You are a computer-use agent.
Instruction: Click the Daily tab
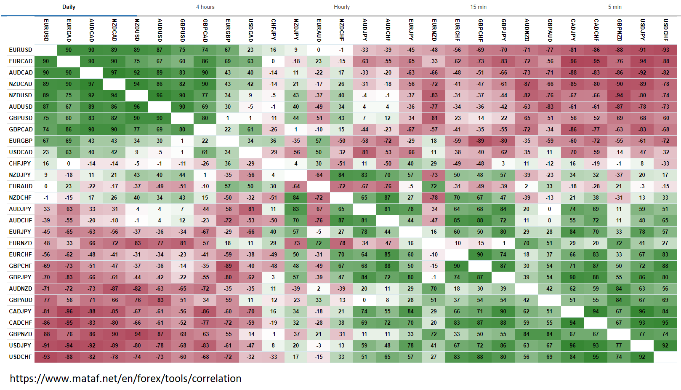[69, 7]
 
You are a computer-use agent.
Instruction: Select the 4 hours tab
[205, 7]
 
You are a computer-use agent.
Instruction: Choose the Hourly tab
[341, 7]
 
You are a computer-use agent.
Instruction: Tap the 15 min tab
[478, 7]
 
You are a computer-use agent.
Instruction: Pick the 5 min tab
[614, 7]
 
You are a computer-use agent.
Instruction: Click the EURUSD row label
[21, 50]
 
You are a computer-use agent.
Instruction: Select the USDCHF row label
[21, 357]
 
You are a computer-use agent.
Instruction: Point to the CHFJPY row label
[20, 163]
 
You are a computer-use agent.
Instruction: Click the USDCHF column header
[665, 30]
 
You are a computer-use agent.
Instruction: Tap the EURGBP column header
[228, 30]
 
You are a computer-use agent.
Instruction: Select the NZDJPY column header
[296, 30]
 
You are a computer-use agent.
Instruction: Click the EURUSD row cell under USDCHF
[665, 50]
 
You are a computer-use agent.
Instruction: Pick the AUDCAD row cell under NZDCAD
[114, 72]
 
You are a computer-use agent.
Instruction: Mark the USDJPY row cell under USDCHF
[665, 345]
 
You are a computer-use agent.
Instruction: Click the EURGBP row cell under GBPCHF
[480, 141]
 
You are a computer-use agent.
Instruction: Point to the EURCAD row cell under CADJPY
[572, 61]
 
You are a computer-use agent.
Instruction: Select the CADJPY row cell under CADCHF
[596, 311]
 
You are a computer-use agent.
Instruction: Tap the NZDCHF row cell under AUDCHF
[387, 198]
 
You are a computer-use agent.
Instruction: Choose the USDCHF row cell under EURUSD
[46, 357]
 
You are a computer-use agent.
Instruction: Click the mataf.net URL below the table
[125, 378]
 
